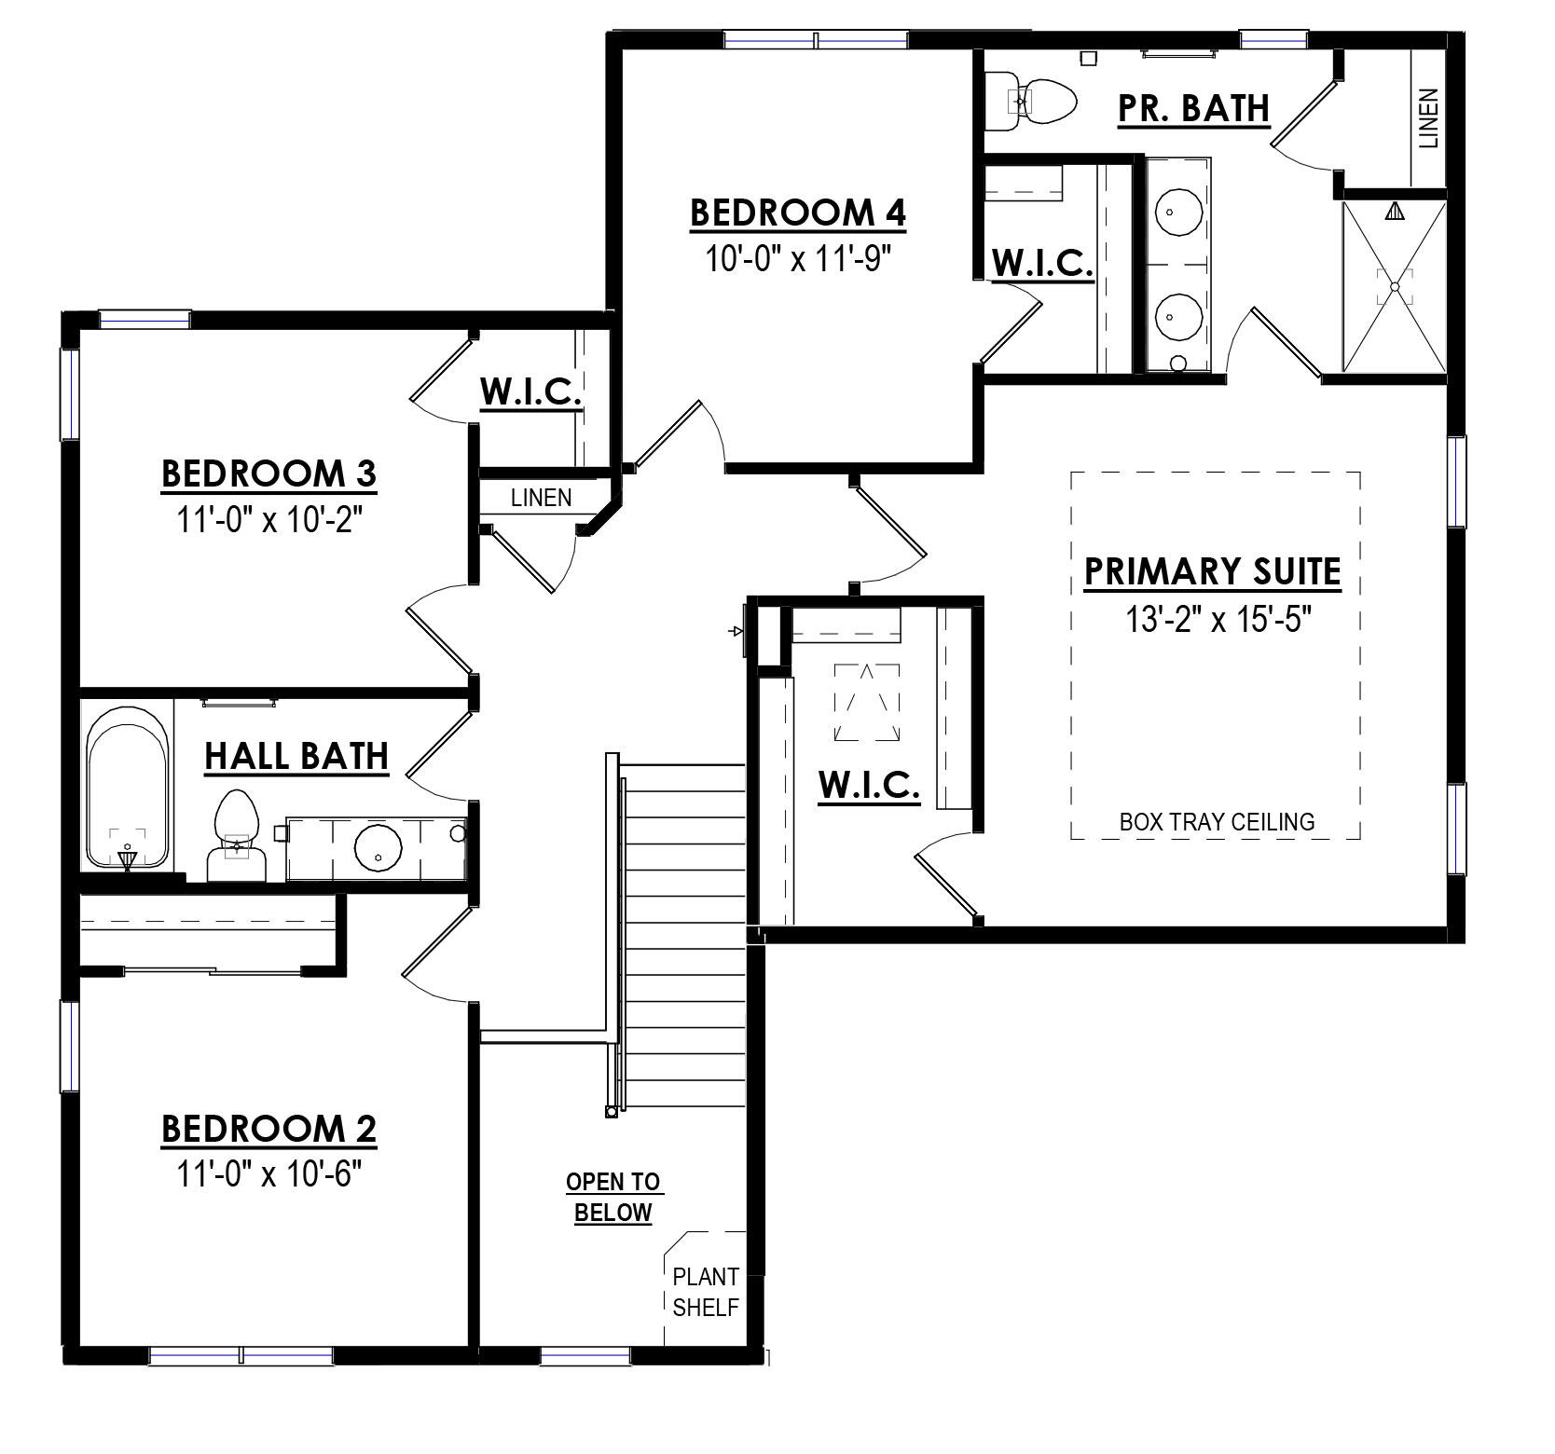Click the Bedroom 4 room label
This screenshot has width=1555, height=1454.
(x=797, y=213)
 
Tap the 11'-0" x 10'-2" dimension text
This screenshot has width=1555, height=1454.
(x=268, y=518)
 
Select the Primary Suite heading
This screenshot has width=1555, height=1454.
(x=1212, y=571)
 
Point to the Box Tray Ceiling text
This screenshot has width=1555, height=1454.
(x=1217, y=822)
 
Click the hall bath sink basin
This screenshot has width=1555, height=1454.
(x=378, y=846)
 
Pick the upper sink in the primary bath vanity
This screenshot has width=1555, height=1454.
(x=1169, y=213)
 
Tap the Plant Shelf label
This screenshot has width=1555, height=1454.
(x=706, y=1292)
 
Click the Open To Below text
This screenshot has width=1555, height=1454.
(x=613, y=1197)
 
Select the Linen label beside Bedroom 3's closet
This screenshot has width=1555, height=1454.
(x=541, y=498)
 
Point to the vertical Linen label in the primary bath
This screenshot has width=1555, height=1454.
(x=1428, y=118)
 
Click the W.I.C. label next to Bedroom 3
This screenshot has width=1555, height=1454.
(x=531, y=392)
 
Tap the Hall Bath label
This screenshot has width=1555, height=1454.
(x=296, y=757)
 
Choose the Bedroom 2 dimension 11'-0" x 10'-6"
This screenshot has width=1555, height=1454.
(x=268, y=1173)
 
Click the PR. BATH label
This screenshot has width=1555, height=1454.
(x=1193, y=108)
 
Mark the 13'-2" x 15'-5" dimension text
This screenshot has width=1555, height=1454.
(x=1212, y=619)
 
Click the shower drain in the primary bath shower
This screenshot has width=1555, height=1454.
(x=1395, y=287)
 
